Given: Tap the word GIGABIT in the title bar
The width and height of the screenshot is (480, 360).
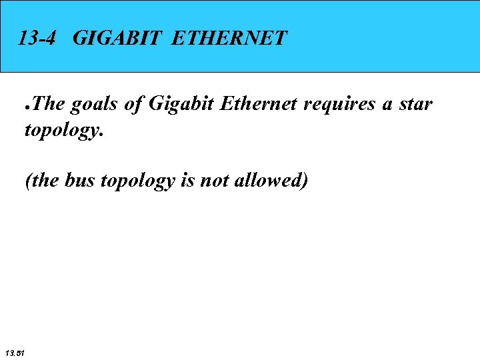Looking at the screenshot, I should (x=115, y=37).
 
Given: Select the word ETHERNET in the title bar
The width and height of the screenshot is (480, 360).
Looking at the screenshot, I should (x=229, y=37).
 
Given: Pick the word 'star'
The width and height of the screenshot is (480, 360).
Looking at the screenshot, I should (x=416, y=105).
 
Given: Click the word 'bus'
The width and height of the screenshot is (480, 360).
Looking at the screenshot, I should (x=80, y=181).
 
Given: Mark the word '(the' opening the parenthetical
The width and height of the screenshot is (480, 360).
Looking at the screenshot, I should (x=41, y=181).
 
